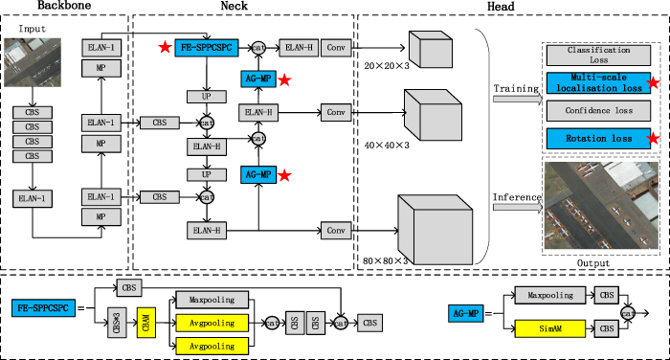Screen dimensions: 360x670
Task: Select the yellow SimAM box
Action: click(550, 328)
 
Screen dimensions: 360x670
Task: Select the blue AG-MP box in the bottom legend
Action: click(471, 311)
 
